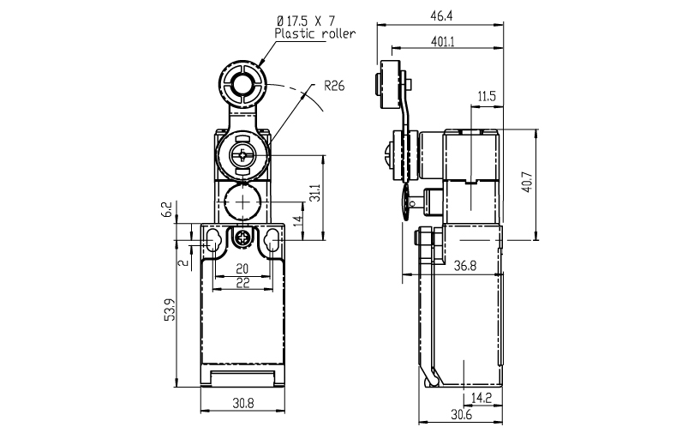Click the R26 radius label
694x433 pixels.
[334, 86]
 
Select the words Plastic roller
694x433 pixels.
[315, 33]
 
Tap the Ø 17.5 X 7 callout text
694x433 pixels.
[306, 21]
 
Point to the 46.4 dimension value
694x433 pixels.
[442, 16]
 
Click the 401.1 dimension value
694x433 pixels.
[443, 42]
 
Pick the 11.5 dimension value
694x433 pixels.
[487, 96]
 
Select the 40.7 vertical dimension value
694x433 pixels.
[527, 182]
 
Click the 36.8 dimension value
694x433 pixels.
[465, 266]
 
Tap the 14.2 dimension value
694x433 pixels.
[482, 398]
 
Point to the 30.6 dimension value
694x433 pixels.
[462, 414]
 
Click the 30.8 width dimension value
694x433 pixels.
[243, 403]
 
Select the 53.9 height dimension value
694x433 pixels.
[171, 310]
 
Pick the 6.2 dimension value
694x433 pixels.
[166, 209]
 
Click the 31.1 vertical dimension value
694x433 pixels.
[314, 193]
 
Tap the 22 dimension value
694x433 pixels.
[243, 283]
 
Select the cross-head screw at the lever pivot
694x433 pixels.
[242, 154]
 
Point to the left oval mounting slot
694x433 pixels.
[212, 240]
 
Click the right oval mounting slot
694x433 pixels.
[272, 240]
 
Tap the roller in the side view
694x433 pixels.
[388, 84]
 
